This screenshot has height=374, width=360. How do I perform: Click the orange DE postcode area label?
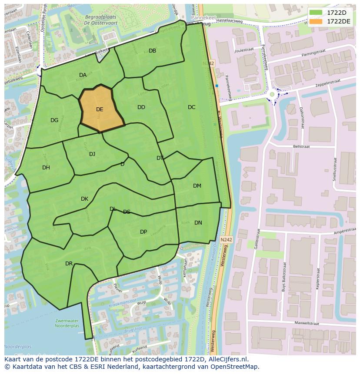pyautogui.click(x=100, y=109)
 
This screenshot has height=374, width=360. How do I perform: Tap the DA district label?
pyautogui.click(x=83, y=75)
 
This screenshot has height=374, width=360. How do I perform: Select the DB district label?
pyautogui.click(x=152, y=51)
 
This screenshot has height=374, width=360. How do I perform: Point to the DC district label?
pyautogui.click(x=191, y=107)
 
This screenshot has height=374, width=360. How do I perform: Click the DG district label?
pyautogui.click(x=54, y=120)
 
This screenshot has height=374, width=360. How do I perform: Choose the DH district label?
pyautogui.click(x=46, y=168)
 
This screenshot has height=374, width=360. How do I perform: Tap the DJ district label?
pyautogui.click(x=92, y=154)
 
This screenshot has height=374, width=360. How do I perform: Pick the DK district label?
pyautogui.click(x=84, y=199)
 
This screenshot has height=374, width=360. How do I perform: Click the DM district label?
pyautogui.click(x=197, y=186)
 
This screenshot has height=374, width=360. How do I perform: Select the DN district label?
pyautogui.click(x=198, y=223)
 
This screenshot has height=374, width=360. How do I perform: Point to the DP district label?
pyautogui.click(x=143, y=232)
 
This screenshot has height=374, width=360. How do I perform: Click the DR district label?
pyautogui.click(x=69, y=264)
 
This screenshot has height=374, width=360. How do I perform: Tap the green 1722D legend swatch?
pyautogui.click(x=316, y=13)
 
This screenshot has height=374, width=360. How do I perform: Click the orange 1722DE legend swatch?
pyautogui.click(x=316, y=21)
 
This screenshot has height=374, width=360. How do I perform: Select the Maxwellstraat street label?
pyautogui.click(x=307, y=323)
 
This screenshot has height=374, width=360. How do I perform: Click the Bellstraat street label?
pyautogui.click(x=301, y=147)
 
